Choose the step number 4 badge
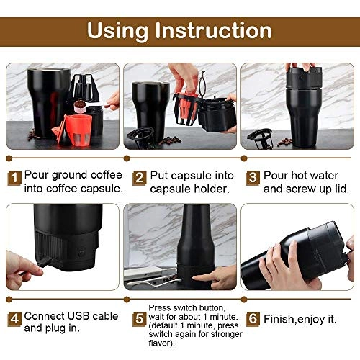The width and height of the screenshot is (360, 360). point(14,317)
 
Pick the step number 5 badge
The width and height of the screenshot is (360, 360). point(139,317)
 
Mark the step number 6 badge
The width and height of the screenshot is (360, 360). point(252,317)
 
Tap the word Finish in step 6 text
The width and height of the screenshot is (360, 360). point(282,317)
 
